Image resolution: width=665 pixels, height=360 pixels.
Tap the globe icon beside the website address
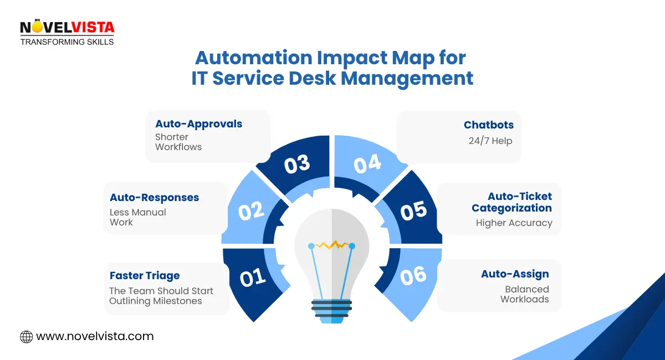[26, 336]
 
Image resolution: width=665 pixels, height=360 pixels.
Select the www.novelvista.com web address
[95, 336]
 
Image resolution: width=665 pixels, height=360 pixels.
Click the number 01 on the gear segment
[253, 277]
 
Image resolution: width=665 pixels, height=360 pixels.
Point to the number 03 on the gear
[296, 165]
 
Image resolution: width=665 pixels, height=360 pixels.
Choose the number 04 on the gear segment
[367, 164]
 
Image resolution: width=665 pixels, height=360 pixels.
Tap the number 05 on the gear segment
[413, 211]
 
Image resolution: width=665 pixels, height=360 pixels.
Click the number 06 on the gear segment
[413, 275]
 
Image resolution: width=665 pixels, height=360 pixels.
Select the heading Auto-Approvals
[198, 124]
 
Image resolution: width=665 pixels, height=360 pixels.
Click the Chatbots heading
[488, 125]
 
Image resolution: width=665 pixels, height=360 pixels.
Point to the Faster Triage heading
[145, 275]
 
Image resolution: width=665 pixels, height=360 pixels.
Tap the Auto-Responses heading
[154, 197]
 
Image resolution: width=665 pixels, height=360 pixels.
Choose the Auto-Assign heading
[515, 274]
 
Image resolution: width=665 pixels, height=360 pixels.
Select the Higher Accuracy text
[514, 223]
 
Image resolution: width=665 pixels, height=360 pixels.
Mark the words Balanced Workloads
[525, 294]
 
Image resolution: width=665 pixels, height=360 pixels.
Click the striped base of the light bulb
[331, 308]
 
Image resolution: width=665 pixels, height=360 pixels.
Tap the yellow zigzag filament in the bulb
[331, 244]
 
